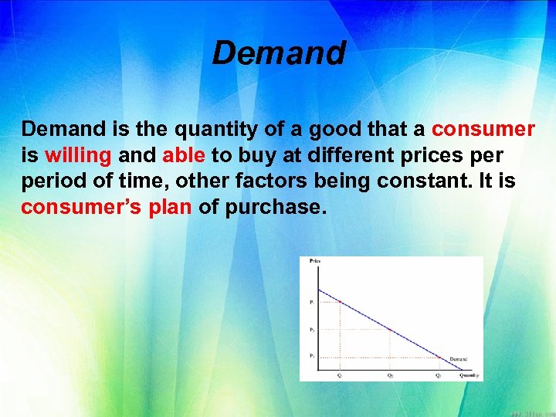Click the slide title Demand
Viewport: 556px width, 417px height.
[x=279, y=53]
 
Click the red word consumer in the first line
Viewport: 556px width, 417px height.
[x=483, y=128]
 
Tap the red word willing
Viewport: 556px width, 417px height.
[x=78, y=155]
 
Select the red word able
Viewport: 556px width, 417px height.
[x=184, y=155]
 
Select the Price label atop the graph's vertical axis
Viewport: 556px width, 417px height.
[x=314, y=262]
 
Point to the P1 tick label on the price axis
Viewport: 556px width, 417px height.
[x=311, y=302]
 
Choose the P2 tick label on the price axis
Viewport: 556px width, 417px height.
[x=311, y=330]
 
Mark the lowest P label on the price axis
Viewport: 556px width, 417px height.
[x=311, y=356]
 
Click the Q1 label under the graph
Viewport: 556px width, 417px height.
[x=341, y=375]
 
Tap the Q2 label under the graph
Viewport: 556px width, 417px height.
[x=390, y=375]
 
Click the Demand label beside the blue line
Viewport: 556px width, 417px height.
[x=458, y=359]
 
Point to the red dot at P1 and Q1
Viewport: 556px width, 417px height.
[x=341, y=302]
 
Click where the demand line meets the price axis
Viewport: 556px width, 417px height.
[x=319, y=289]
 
